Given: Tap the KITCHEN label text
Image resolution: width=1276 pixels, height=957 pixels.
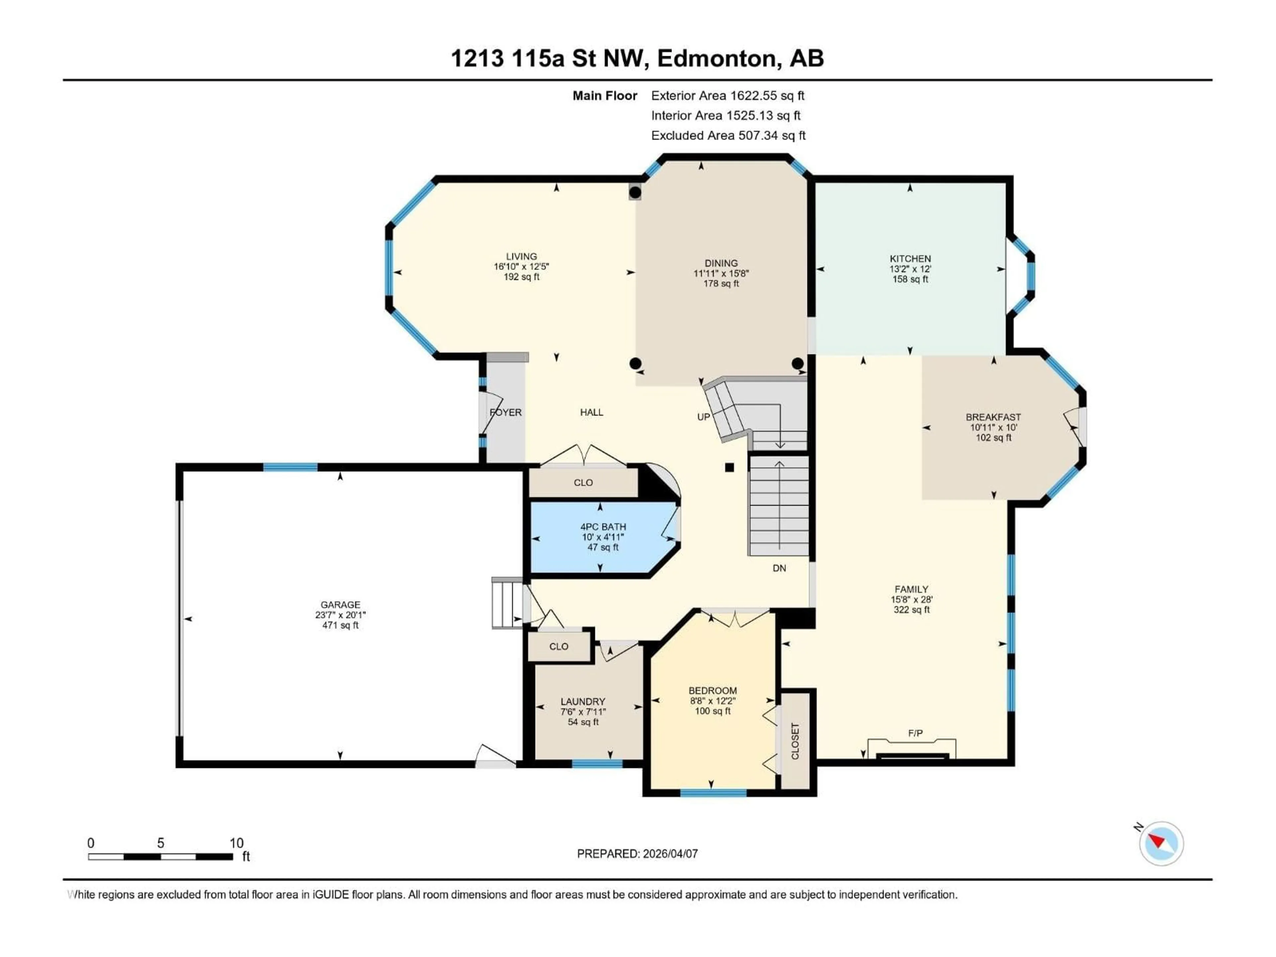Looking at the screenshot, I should click(910, 259).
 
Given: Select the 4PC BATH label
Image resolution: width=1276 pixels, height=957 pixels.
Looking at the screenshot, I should click(603, 527).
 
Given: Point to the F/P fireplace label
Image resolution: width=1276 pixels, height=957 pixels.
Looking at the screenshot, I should click(915, 733).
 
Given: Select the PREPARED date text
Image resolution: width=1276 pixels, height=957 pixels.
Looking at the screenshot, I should click(637, 854).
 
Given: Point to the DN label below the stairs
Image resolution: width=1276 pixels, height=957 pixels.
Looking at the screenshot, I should click(779, 568).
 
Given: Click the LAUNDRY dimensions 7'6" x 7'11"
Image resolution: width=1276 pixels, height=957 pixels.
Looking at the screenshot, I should click(583, 712).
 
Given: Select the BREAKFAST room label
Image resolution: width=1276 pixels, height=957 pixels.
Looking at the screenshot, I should click(993, 417).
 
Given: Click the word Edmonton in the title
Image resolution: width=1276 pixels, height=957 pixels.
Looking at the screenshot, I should click(716, 58).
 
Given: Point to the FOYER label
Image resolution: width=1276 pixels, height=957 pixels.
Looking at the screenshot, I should click(505, 412).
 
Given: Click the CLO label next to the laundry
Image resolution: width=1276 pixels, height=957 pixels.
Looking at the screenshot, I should click(558, 647).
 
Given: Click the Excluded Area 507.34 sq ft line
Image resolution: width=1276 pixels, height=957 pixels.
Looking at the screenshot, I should click(728, 136).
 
